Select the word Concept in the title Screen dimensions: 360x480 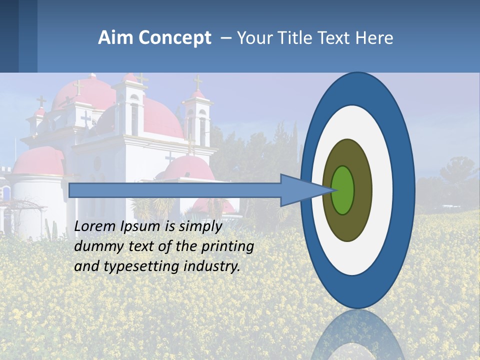(x=175, y=37)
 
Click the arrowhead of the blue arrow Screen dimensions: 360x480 (x=300, y=190)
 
